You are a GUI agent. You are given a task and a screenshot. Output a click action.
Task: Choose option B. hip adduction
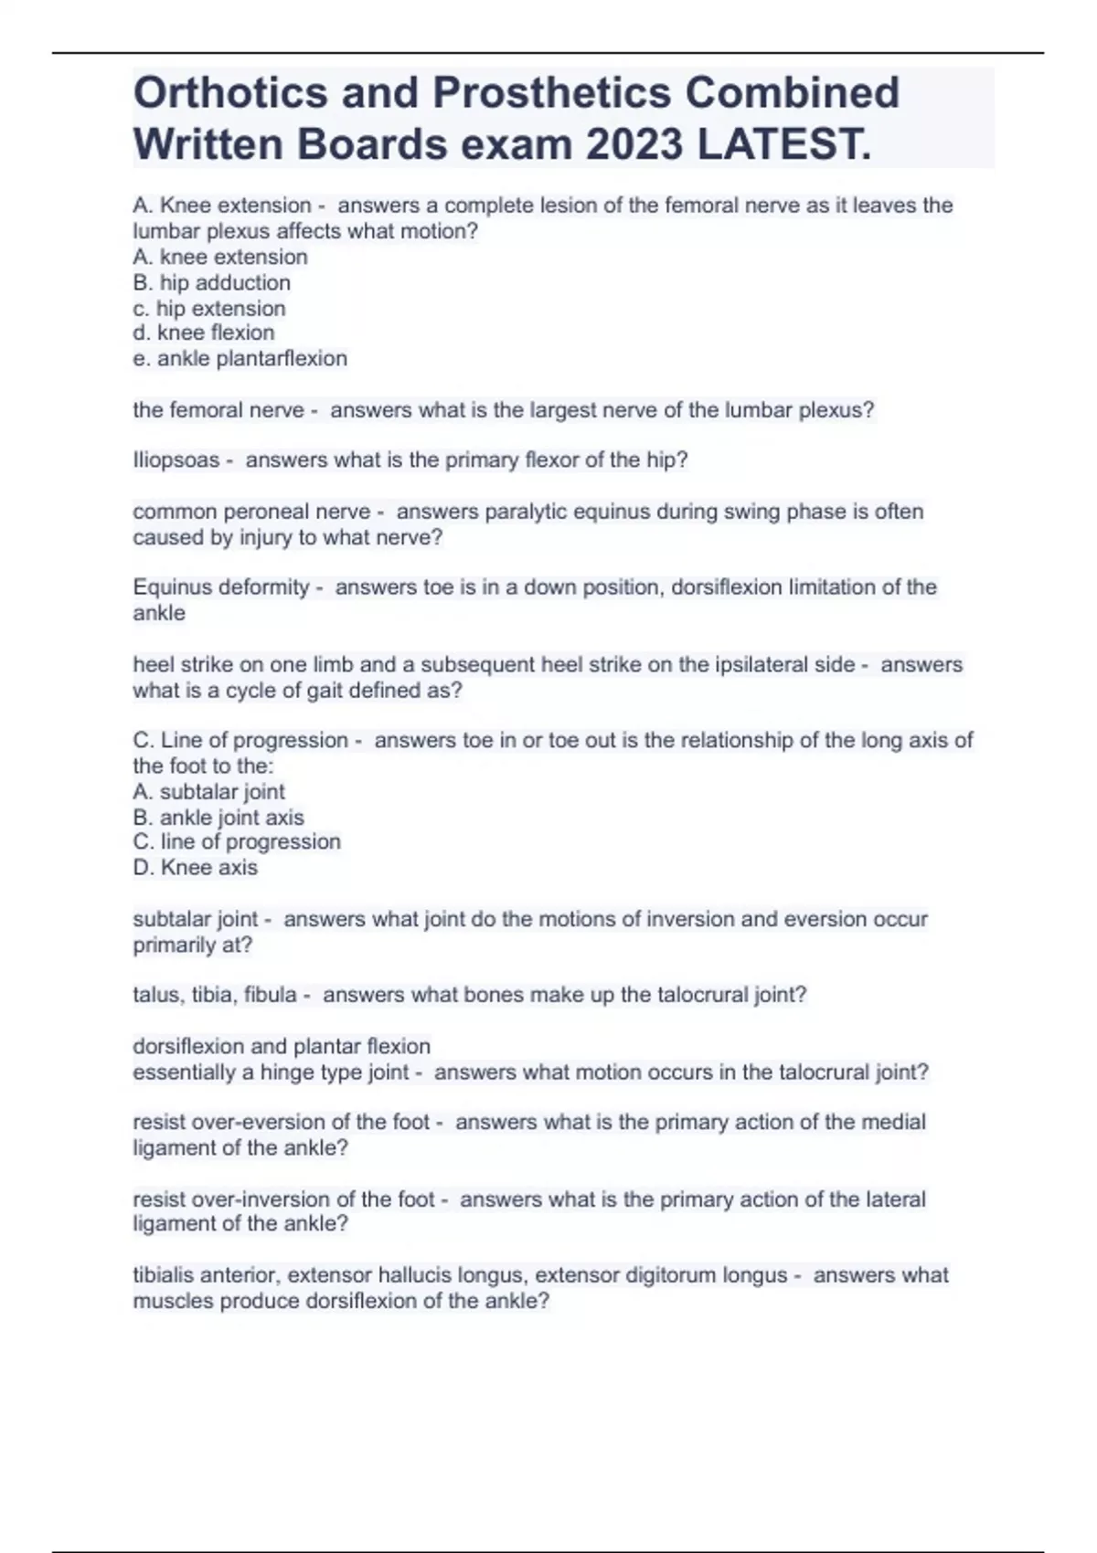[211, 283]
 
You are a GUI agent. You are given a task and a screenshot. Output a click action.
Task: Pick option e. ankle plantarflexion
[240, 359]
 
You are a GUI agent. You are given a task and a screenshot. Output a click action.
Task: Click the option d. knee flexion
[203, 333]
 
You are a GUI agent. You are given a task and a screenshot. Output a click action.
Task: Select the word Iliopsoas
[176, 460]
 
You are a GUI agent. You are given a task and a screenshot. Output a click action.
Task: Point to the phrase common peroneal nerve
[251, 512]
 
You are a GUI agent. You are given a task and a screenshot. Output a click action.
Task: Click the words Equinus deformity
[220, 587]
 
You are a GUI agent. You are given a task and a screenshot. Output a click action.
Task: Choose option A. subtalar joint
[208, 792]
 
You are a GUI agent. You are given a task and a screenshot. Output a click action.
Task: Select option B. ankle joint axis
[218, 818]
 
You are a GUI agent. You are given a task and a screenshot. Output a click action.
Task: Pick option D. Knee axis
[195, 868]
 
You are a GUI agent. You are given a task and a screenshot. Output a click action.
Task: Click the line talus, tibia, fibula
[215, 995]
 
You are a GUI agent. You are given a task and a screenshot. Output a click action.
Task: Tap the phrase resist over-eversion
[235, 1122]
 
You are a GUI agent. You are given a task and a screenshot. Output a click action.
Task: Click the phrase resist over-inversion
[238, 1199]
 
